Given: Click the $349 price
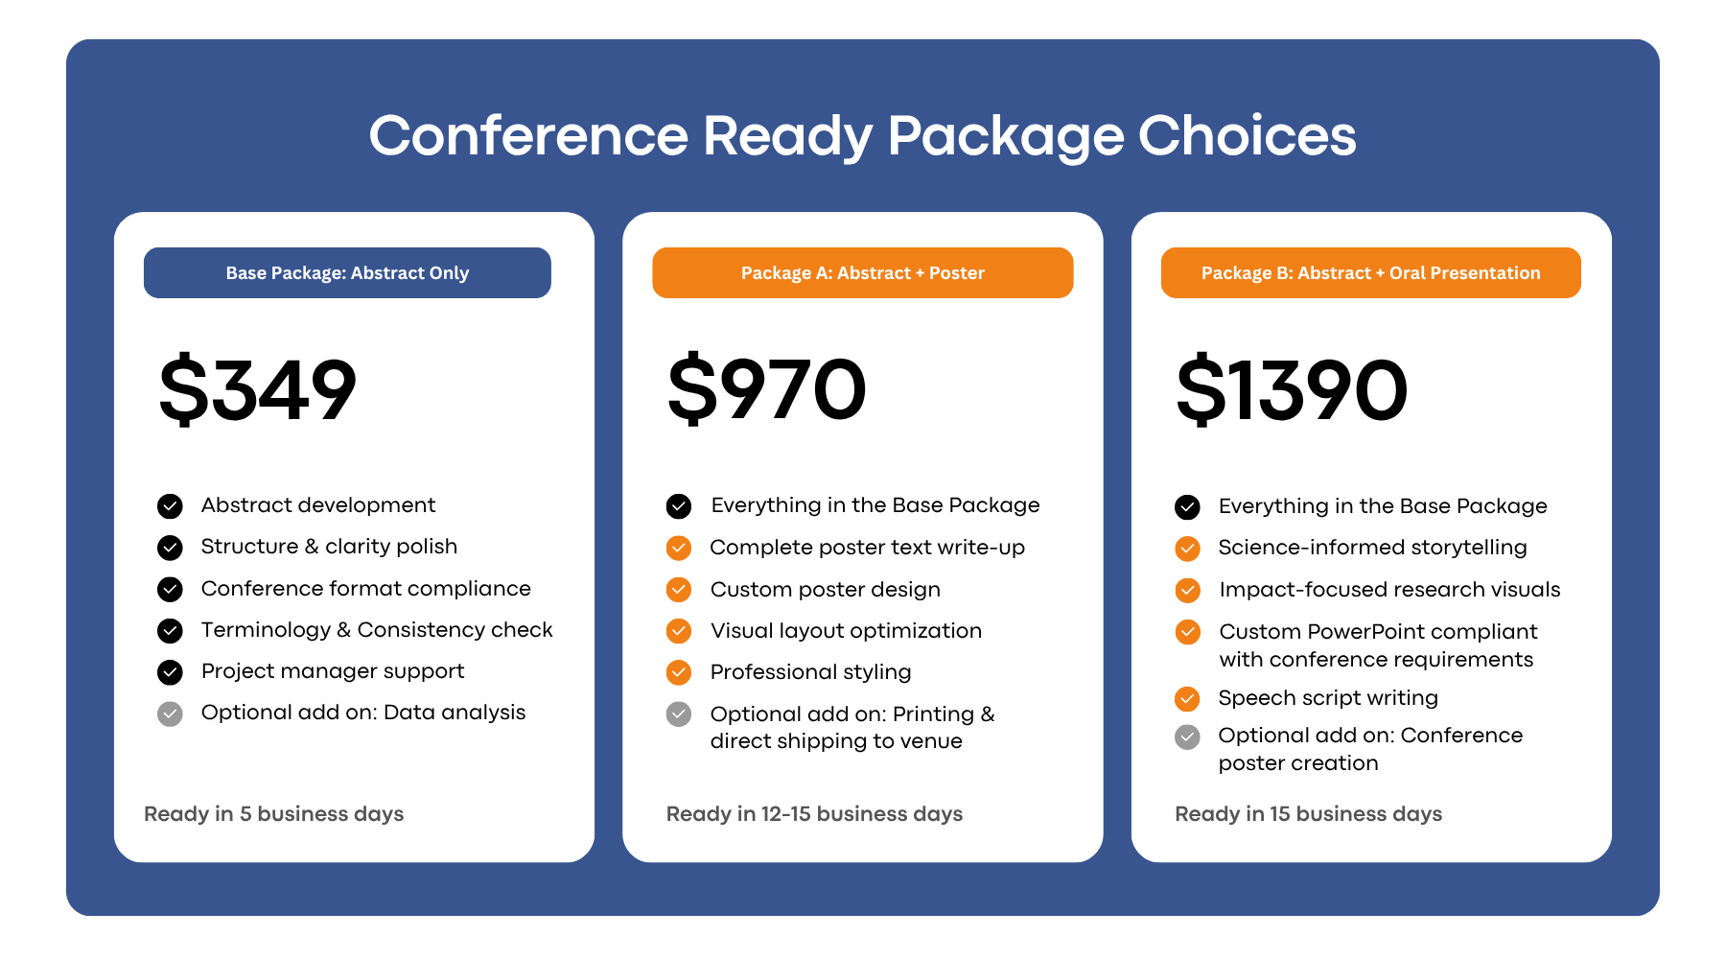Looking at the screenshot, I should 258,389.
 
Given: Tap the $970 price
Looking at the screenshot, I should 767,389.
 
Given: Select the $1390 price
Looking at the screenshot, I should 1292,389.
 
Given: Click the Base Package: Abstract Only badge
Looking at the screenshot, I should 347,273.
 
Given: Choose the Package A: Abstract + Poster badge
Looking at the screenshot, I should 862,273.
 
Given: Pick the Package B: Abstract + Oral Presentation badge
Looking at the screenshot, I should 1370,273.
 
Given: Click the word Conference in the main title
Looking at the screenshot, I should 528,136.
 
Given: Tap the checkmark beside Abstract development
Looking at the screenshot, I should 170,506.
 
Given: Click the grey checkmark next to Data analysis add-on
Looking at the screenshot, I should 170,713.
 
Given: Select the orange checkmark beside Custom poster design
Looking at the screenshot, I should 679,590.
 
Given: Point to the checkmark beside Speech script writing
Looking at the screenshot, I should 1187,699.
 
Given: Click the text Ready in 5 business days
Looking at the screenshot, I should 273,814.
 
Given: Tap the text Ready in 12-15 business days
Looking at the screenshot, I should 814,814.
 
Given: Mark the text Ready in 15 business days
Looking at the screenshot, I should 1308,814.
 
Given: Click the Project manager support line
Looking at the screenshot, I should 333,671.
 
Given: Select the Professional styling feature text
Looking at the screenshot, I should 810,672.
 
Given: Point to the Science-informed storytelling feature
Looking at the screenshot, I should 1372,548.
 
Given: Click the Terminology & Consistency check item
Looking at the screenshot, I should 377,630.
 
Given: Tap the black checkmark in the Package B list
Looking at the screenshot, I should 1187,507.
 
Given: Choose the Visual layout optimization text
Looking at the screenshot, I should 846,631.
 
